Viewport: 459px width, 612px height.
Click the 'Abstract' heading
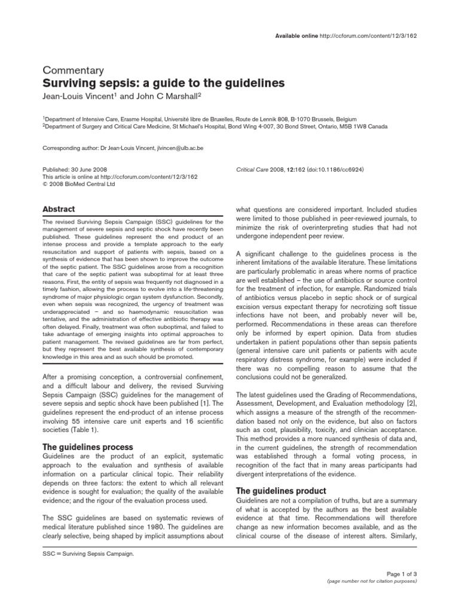pyautogui.click(x=58, y=210)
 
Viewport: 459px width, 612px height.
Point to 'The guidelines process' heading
pyautogui.click(x=87, y=447)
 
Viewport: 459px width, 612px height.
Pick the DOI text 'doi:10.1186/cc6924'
pyautogui.click(x=335, y=170)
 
